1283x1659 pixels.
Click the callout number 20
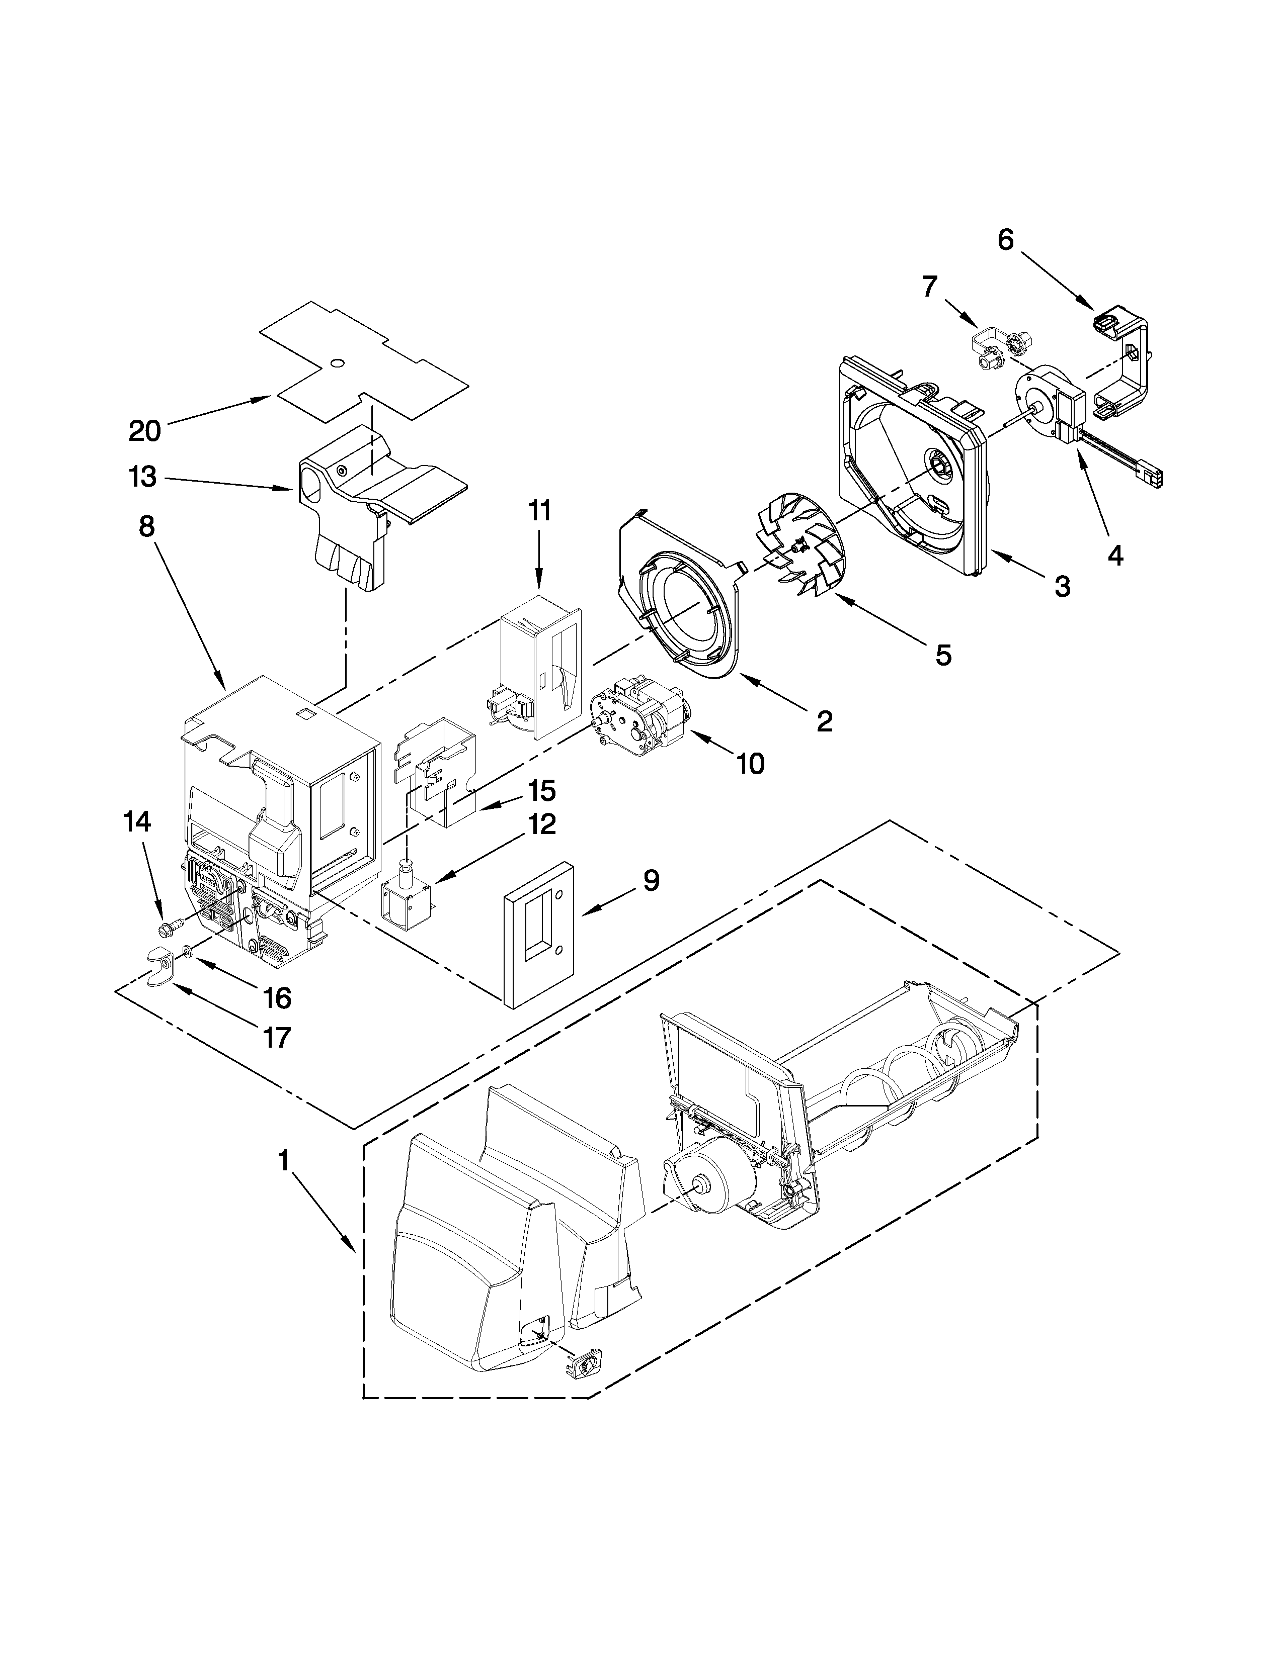coord(144,431)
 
